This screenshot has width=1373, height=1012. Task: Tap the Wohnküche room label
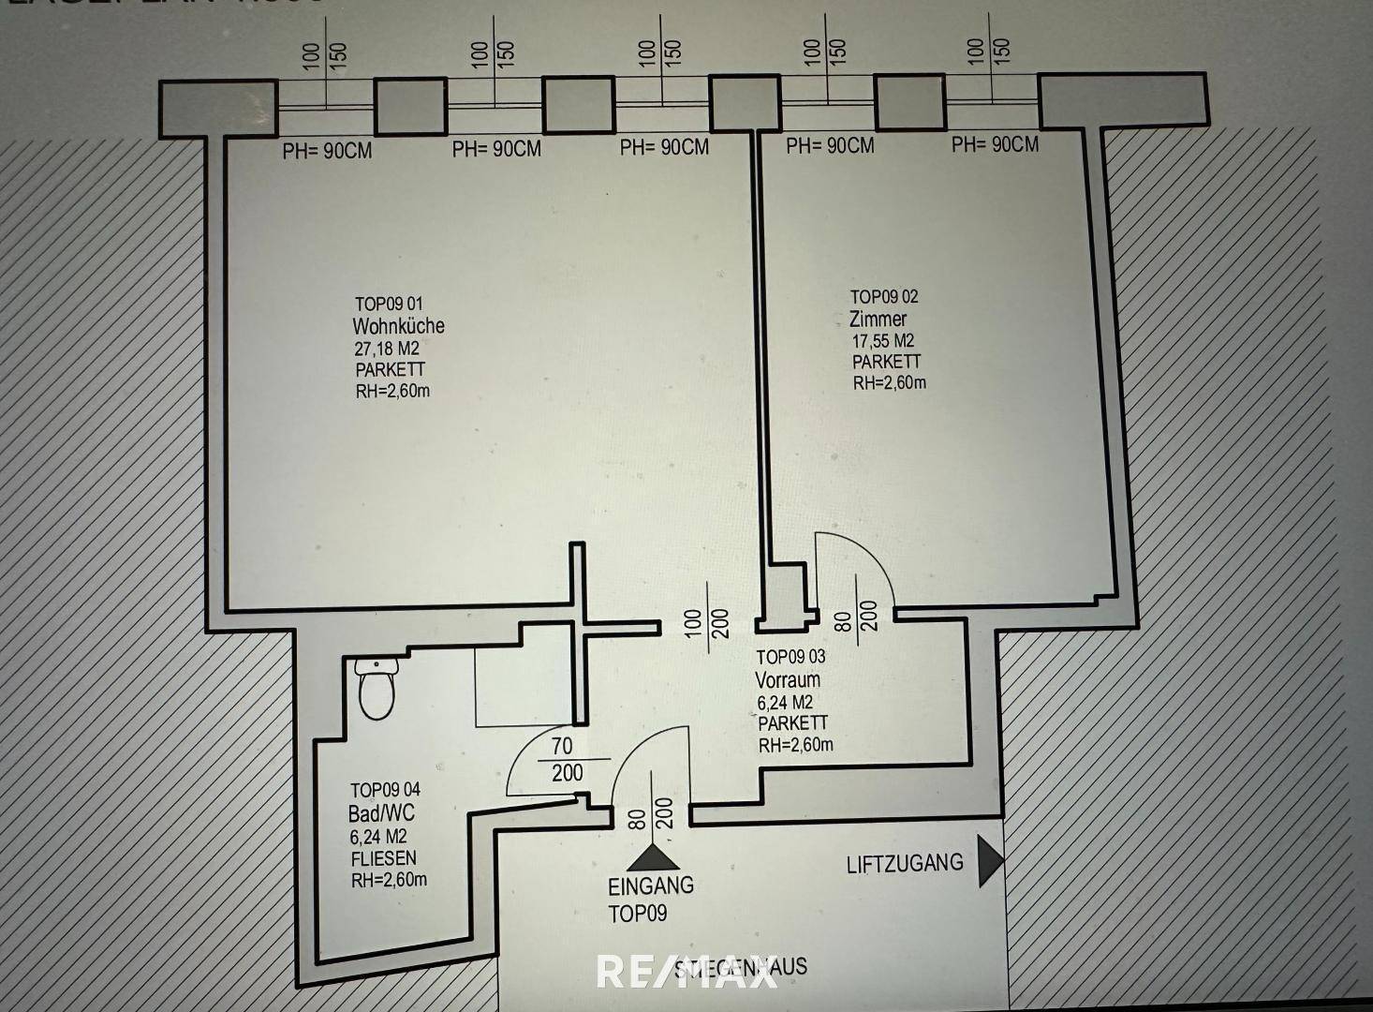[398, 326]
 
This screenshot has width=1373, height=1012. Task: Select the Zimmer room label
[878, 319]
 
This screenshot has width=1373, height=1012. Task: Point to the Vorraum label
[788, 679]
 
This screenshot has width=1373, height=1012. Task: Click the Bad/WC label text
[381, 813]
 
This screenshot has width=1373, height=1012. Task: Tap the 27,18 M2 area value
[387, 349]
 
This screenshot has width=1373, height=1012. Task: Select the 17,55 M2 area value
[882, 341]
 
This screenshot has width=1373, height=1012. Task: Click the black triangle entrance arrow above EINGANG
[651, 858]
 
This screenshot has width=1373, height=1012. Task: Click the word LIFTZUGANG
[905, 863]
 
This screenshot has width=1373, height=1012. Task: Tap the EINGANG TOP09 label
[651, 899]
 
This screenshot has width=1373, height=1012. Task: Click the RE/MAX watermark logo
[686, 972]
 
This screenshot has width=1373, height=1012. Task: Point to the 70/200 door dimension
[564, 759]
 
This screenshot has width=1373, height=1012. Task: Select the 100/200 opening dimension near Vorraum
[706, 624]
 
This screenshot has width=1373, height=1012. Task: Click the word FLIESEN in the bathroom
[383, 858]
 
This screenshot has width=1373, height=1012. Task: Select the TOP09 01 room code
[389, 304]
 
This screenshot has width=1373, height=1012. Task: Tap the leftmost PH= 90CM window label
[327, 150]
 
